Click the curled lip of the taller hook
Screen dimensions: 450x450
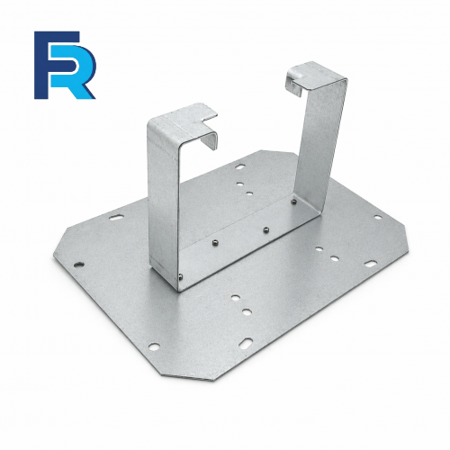(x=293, y=81)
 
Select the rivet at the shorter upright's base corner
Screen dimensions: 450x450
(x=180, y=276)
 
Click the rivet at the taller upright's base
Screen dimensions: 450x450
(x=294, y=202)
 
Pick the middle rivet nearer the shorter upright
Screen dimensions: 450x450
(x=215, y=241)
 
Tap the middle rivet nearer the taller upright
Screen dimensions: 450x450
(x=265, y=230)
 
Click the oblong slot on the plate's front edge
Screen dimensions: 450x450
(x=246, y=343)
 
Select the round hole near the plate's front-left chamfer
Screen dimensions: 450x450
(x=154, y=346)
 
